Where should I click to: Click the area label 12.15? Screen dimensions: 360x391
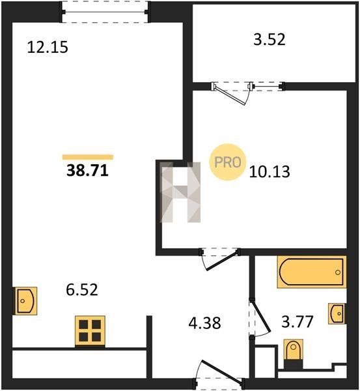point(48,47)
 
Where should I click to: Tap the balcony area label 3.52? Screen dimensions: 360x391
point(270,40)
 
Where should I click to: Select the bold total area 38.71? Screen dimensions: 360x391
point(87,171)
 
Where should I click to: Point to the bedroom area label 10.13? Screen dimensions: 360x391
point(270,172)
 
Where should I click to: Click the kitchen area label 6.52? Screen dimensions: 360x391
point(82,290)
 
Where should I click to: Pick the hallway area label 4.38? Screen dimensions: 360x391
point(204,323)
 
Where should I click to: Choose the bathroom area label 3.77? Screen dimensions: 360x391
point(298,322)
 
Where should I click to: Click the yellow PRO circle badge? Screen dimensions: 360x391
point(228,162)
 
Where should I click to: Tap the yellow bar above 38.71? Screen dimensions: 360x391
point(88,157)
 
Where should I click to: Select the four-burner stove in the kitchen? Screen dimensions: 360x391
point(90,332)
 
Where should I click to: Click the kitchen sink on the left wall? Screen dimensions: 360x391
point(25,300)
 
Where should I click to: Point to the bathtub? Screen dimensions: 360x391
point(311,272)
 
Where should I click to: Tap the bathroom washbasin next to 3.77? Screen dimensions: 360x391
point(337,313)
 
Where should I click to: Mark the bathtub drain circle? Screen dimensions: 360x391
point(338,272)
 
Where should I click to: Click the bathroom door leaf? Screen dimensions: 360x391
point(260,316)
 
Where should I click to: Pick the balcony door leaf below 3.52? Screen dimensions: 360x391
point(229,95)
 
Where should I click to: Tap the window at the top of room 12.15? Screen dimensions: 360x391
point(105,12)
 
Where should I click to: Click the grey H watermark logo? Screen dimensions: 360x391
point(180,192)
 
